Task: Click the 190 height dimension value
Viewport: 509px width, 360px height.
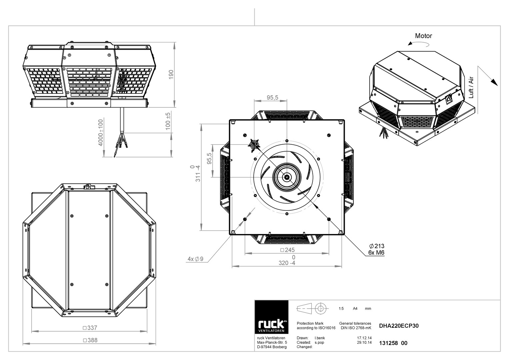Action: point(171,75)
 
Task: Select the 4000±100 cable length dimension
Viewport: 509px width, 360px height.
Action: point(100,133)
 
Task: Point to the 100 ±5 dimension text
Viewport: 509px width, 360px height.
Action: point(168,121)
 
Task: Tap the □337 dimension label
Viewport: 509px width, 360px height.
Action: point(90,328)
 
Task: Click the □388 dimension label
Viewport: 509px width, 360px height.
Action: point(90,340)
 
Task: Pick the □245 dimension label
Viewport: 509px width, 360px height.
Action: point(287,250)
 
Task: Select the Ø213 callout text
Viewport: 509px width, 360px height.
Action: point(377,246)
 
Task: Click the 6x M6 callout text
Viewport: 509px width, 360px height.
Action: point(376,253)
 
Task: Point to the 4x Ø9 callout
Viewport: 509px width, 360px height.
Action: point(195,259)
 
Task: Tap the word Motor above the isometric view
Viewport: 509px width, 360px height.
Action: point(423,36)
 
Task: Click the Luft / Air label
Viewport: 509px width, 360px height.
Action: point(471,87)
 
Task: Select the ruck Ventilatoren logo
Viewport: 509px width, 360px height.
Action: point(271,317)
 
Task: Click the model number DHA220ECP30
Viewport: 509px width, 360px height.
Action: point(399,326)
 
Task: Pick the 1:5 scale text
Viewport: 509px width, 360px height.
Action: point(341,308)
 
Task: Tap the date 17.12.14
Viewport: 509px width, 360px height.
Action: point(364,338)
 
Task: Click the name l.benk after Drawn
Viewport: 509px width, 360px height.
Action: point(320,338)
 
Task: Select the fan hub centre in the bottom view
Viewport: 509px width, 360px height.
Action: point(287,177)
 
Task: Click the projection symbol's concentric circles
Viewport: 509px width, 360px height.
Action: point(320,308)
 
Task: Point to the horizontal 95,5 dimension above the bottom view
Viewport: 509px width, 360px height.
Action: point(272,97)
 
